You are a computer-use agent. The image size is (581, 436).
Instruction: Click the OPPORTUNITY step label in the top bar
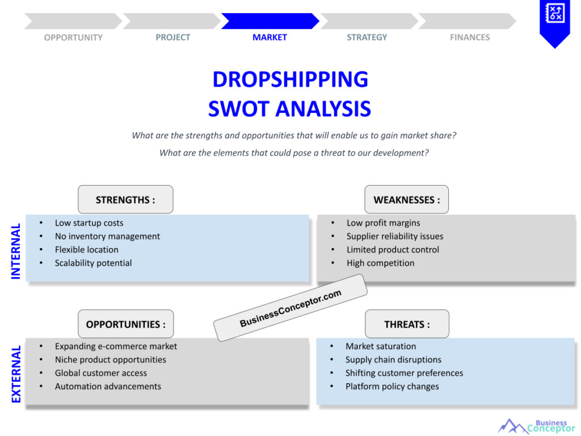point(73,37)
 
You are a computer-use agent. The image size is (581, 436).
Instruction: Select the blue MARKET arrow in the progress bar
point(270,21)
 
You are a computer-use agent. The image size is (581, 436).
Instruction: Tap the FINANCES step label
point(470,37)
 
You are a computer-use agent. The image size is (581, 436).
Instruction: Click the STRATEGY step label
point(367,37)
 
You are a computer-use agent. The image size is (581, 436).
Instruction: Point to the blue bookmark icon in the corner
point(554,22)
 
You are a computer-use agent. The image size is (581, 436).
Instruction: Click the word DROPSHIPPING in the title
point(290,79)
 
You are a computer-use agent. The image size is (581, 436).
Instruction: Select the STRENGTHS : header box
point(125,199)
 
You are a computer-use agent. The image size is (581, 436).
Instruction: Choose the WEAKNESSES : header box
point(406,199)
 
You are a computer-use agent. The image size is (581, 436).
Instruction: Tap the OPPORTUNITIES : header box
point(126,324)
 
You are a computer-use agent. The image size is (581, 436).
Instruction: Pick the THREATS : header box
point(407,324)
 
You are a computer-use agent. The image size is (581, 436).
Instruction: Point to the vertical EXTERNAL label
point(16,374)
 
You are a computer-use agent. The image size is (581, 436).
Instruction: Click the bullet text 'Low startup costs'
point(89,223)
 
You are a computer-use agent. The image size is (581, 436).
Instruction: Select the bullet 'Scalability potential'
point(93,263)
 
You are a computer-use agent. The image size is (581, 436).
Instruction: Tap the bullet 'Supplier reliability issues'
point(395,236)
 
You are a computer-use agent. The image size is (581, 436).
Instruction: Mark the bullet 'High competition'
point(380,263)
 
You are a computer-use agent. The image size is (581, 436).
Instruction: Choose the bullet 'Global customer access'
point(100,373)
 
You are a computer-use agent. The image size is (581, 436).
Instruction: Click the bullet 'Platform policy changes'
point(392,387)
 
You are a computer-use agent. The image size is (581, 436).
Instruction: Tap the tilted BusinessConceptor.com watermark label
point(290,308)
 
